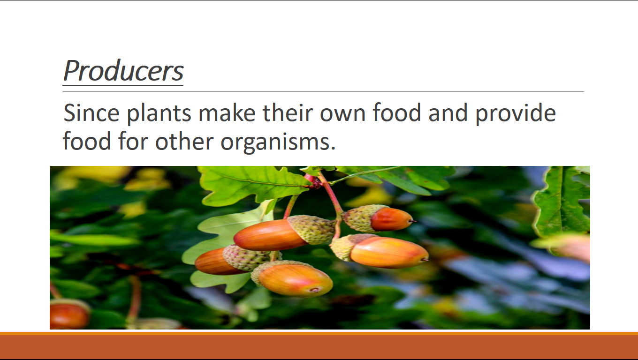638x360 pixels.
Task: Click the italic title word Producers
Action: pyautogui.click(x=123, y=71)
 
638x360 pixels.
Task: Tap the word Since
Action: pyautogui.click(x=91, y=112)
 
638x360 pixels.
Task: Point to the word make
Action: pyautogui.click(x=227, y=112)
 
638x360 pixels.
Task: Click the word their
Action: pyautogui.click(x=288, y=112)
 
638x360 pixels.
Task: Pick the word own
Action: pyautogui.click(x=342, y=115)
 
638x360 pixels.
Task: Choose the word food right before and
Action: pyautogui.click(x=397, y=112)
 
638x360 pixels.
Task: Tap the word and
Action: pyautogui.click(x=448, y=112)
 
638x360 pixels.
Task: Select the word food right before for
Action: pyautogui.click(x=87, y=141)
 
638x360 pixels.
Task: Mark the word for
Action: pyautogui.click(x=133, y=141)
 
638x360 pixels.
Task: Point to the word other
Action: pyautogui.click(x=184, y=141)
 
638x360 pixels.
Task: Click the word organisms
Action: pyautogui.click(x=278, y=142)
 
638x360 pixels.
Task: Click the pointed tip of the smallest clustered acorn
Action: pyautogui.click(x=414, y=221)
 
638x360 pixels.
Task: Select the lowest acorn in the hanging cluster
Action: pyautogui.click(x=292, y=278)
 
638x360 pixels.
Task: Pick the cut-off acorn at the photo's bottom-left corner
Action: pyautogui.click(x=70, y=315)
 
